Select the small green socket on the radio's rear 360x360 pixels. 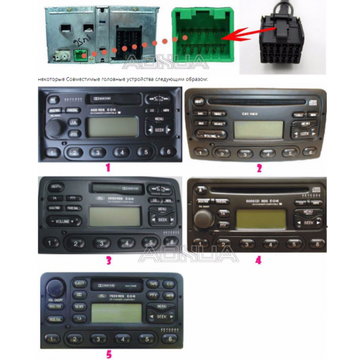76,55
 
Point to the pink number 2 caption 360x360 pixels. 258,167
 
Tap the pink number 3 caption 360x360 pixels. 107,261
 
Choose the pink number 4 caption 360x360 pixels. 258,261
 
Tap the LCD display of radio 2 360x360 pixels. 252,130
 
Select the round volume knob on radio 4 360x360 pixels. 204,217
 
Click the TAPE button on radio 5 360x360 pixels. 153,284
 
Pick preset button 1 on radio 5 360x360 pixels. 52,337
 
